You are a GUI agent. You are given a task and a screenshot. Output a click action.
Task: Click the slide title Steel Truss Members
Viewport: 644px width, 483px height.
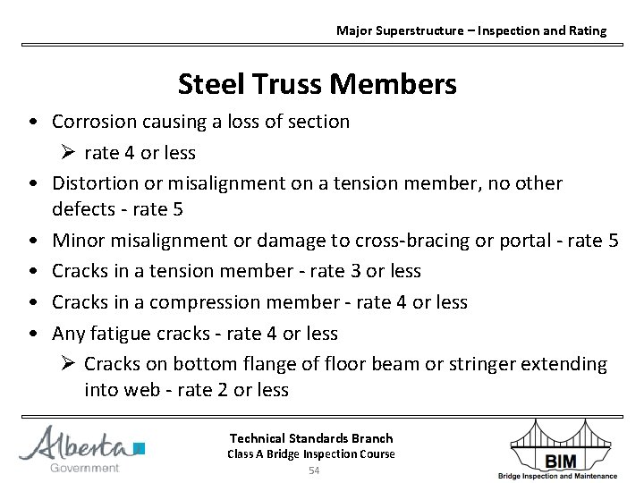pos(317,85)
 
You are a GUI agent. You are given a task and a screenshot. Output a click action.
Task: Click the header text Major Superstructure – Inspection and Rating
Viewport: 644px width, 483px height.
pos(470,30)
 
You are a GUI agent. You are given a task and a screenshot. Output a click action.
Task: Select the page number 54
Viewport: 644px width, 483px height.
pos(314,470)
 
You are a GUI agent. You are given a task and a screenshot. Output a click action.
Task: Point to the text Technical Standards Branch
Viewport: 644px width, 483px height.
pos(311,438)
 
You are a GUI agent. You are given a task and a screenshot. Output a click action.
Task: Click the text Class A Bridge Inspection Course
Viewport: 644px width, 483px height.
pos(311,454)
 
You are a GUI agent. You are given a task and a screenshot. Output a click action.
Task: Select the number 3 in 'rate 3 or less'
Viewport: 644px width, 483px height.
pos(343,271)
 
